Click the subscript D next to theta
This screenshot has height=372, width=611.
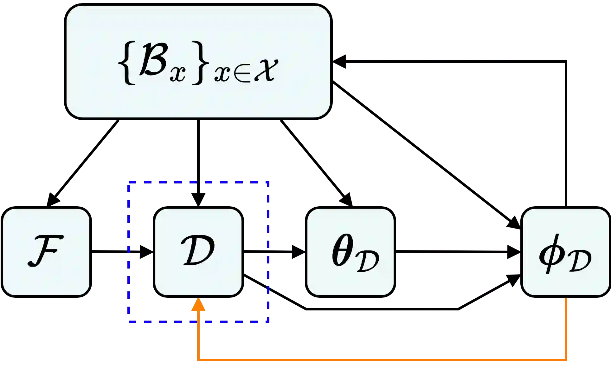[368, 262]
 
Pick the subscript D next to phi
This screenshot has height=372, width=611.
[579, 262]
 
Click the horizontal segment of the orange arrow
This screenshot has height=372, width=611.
[380, 360]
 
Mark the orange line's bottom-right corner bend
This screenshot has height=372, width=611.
[566, 360]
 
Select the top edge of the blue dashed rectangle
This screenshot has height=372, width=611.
[198, 182]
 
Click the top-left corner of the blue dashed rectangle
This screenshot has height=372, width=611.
[128, 183]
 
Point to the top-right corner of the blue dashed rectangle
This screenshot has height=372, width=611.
[269, 183]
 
